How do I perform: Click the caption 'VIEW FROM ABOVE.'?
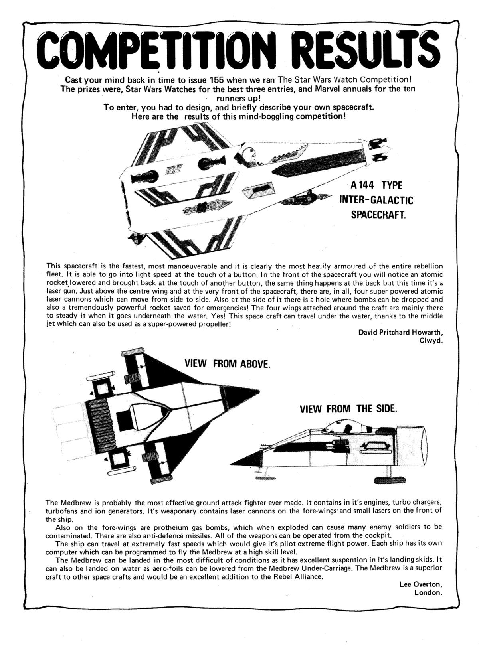click(227, 364)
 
